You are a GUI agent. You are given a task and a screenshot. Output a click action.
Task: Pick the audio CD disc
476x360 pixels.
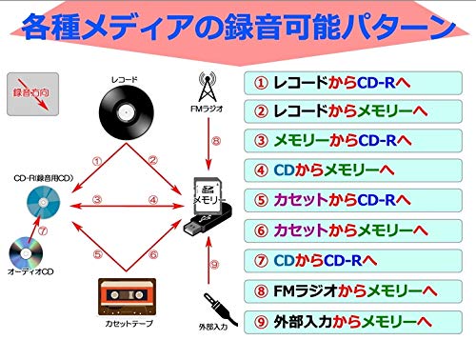pos(26,253)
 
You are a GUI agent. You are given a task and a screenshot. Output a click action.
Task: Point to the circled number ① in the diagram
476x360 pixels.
pos(96,163)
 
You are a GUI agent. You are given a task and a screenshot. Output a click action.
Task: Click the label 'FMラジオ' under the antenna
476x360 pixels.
pos(208,109)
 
